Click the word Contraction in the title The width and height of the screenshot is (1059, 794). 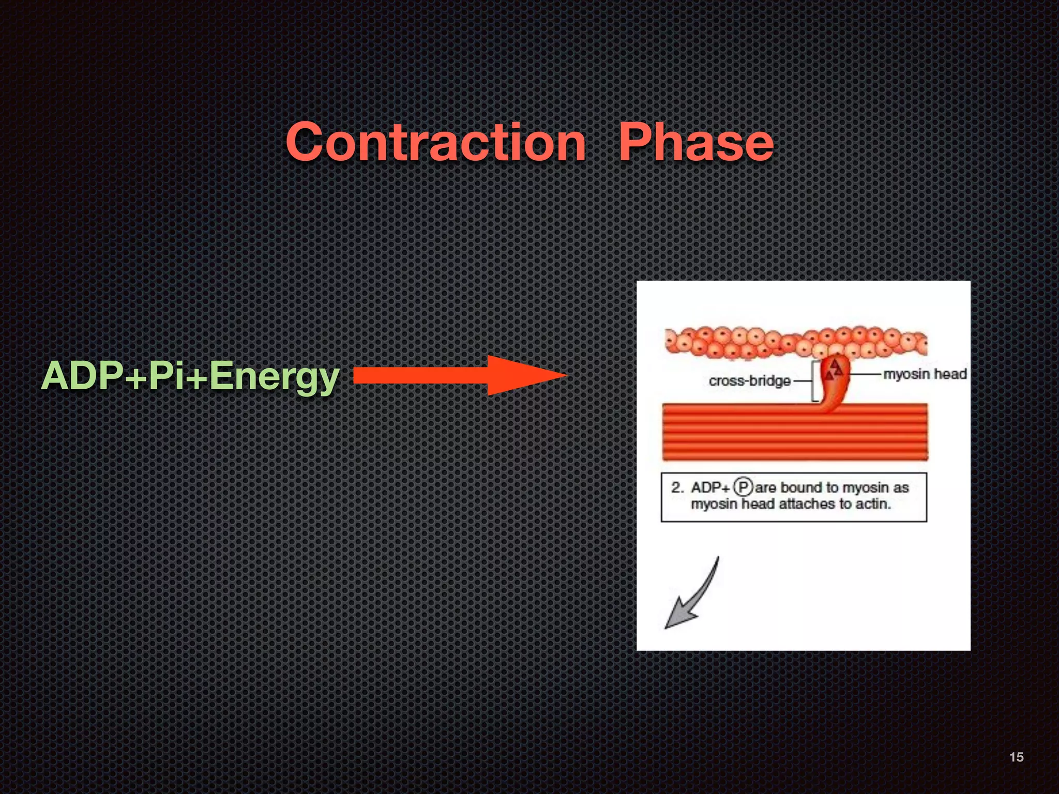click(436, 142)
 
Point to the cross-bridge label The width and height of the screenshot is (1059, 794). click(749, 381)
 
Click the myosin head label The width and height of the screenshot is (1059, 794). click(925, 374)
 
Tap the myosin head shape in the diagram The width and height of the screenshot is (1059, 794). click(834, 385)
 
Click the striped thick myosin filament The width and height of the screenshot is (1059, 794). click(795, 432)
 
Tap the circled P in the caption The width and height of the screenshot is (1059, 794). click(743, 487)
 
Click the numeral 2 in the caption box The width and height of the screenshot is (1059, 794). click(676, 487)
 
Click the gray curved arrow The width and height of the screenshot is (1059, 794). click(693, 594)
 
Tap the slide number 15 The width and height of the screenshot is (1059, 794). click(1016, 757)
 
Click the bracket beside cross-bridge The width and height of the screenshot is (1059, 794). click(814, 381)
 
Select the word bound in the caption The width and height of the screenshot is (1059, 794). click(801, 487)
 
